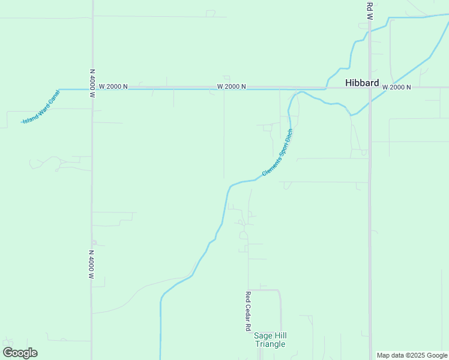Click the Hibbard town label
[362, 83]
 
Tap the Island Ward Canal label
[41, 107]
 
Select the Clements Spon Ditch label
[277, 152]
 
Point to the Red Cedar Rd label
[247, 311]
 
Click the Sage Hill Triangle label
[270, 340]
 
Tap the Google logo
[20, 353]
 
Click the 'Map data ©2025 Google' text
[412, 355]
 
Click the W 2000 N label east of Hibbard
[396, 88]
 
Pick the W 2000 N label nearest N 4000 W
[113, 86]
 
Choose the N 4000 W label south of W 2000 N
[92, 265]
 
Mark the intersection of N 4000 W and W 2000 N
[92, 89]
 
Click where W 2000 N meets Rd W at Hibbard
[370, 88]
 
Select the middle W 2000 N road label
[232, 87]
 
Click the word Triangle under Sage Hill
[270, 344]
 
